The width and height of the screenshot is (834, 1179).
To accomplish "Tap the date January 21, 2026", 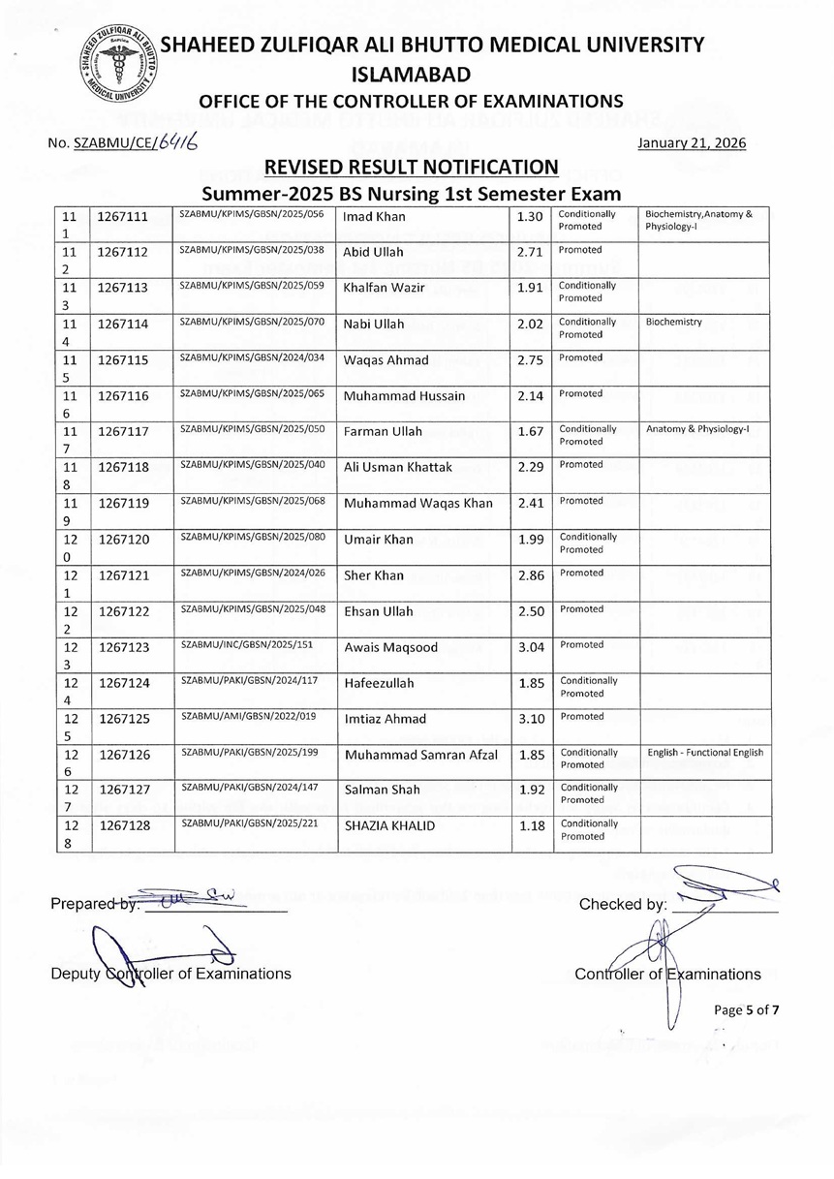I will [693, 143].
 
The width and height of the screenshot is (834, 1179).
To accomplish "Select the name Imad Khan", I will [375, 217].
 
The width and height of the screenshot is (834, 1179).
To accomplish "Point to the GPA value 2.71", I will [530, 252].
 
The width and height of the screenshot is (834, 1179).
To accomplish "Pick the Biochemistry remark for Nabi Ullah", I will [674, 322].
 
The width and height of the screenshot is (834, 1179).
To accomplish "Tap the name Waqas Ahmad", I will [386, 360].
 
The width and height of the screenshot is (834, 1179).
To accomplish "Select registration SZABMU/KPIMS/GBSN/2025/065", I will [251, 392].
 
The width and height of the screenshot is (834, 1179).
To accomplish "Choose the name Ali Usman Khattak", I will [398, 468].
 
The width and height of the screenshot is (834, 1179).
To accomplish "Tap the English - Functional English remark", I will [705, 752].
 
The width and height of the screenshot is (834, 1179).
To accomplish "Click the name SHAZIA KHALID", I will [389, 825].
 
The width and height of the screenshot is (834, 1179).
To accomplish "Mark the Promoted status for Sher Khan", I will [581, 573].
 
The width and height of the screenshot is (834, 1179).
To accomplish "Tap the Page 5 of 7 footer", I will [746, 1010].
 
